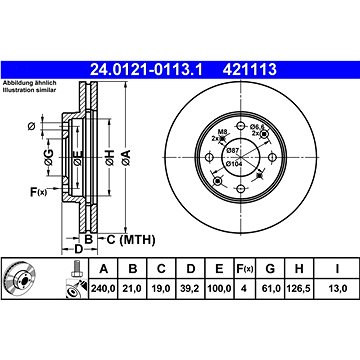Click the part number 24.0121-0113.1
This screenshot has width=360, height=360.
(146, 70)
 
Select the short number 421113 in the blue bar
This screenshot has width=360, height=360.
(250, 70)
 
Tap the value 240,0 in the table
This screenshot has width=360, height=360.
(103, 288)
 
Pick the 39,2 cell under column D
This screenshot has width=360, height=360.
(190, 288)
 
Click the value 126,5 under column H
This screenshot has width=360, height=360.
(298, 288)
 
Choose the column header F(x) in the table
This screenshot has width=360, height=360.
(245, 268)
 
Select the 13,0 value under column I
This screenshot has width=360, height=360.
(337, 288)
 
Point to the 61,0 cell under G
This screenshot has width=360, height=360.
(270, 288)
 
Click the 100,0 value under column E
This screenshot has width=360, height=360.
(219, 288)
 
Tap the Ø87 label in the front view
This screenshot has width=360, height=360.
(232, 150)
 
